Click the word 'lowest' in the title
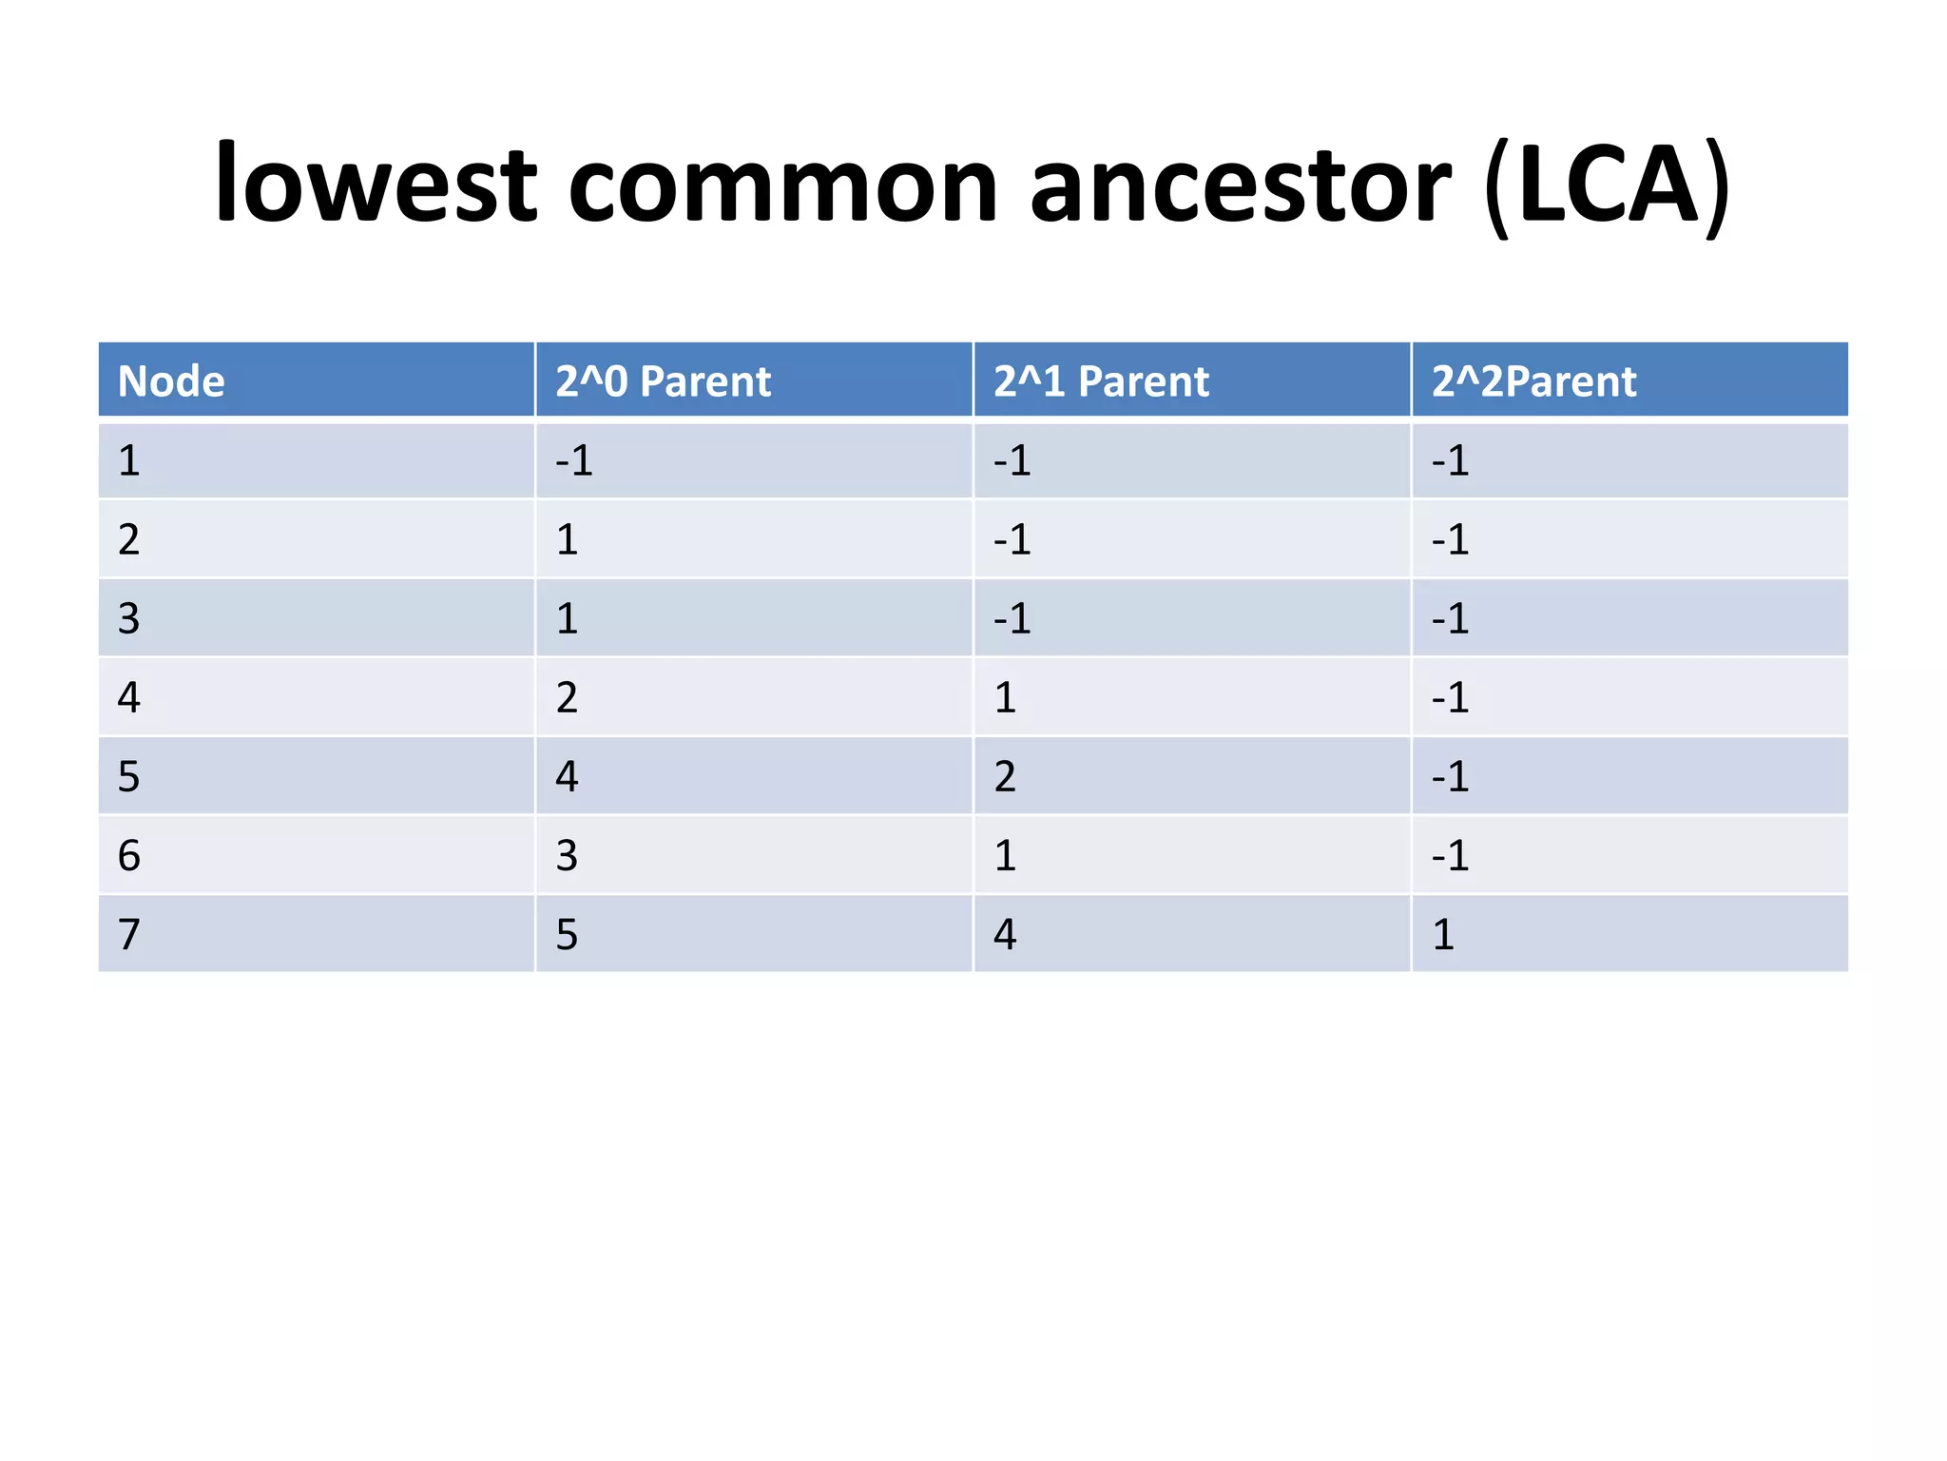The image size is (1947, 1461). (x=376, y=184)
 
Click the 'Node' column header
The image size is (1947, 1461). (x=171, y=381)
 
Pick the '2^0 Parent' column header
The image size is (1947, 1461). (x=663, y=381)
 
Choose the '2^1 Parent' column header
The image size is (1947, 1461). (x=1101, y=381)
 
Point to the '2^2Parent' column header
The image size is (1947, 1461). (x=1533, y=381)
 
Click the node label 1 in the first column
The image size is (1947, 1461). (x=129, y=461)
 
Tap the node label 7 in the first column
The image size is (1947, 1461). (x=129, y=935)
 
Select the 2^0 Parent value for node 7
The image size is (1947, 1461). (x=567, y=935)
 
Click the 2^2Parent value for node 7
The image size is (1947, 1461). (x=1443, y=935)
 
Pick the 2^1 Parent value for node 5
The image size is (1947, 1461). (x=1005, y=777)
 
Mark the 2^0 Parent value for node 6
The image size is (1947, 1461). (x=567, y=856)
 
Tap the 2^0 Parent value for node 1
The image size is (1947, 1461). (x=574, y=461)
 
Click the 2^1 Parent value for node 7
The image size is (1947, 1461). (x=1005, y=935)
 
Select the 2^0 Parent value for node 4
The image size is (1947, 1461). (x=567, y=698)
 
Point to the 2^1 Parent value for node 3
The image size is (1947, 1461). (x=1012, y=619)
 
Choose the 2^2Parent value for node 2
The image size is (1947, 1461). (x=1451, y=540)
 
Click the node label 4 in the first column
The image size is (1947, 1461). (x=129, y=698)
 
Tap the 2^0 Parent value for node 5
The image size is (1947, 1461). (x=567, y=777)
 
